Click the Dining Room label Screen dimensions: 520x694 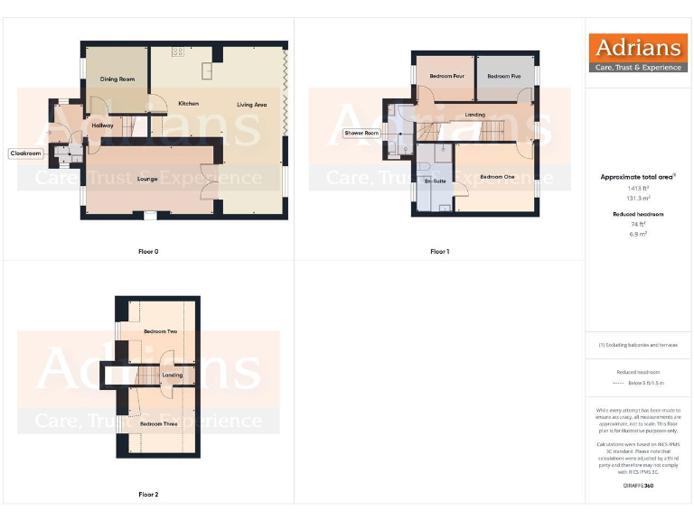pyautogui.click(x=117, y=79)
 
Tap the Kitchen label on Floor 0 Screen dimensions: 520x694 pyautogui.click(x=188, y=104)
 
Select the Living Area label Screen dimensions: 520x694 pyautogui.click(x=252, y=105)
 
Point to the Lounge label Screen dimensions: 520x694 pyautogui.click(x=147, y=179)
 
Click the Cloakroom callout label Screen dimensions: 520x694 pyautogui.click(x=25, y=153)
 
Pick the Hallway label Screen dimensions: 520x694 pyautogui.click(x=101, y=125)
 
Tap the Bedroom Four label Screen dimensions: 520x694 pyautogui.click(x=446, y=76)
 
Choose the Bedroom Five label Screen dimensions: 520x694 pyautogui.click(x=503, y=76)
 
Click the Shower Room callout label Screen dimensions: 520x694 pyautogui.click(x=361, y=133)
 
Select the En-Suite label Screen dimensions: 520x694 pyautogui.click(x=435, y=182)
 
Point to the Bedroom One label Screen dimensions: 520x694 pyautogui.click(x=497, y=176)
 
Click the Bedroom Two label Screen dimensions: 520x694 pyautogui.click(x=160, y=331)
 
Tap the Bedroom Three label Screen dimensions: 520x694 pyautogui.click(x=158, y=422)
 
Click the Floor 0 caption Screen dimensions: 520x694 pyautogui.click(x=148, y=251)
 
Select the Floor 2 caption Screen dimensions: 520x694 pyautogui.click(x=148, y=495)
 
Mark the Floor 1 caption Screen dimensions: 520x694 pyautogui.click(x=439, y=251)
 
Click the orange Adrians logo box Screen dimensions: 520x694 pyautogui.click(x=638, y=52)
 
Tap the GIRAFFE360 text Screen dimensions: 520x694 pyautogui.click(x=638, y=487)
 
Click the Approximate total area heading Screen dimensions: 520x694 pyautogui.click(x=638, y=177)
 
